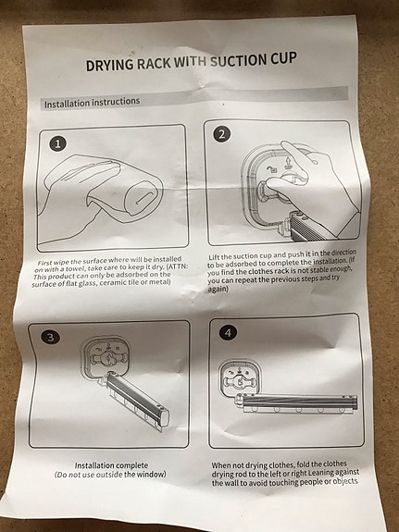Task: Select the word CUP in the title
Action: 283,58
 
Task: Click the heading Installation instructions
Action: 92,103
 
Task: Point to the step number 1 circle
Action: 57,143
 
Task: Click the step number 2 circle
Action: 221,134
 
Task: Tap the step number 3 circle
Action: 50,338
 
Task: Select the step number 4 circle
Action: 228,333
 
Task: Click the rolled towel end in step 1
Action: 143,198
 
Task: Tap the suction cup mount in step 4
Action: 240,378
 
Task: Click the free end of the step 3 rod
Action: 163,418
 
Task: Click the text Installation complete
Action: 111,465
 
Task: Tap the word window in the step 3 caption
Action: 151,474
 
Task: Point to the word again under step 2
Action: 218,289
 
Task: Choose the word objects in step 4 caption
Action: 345,481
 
